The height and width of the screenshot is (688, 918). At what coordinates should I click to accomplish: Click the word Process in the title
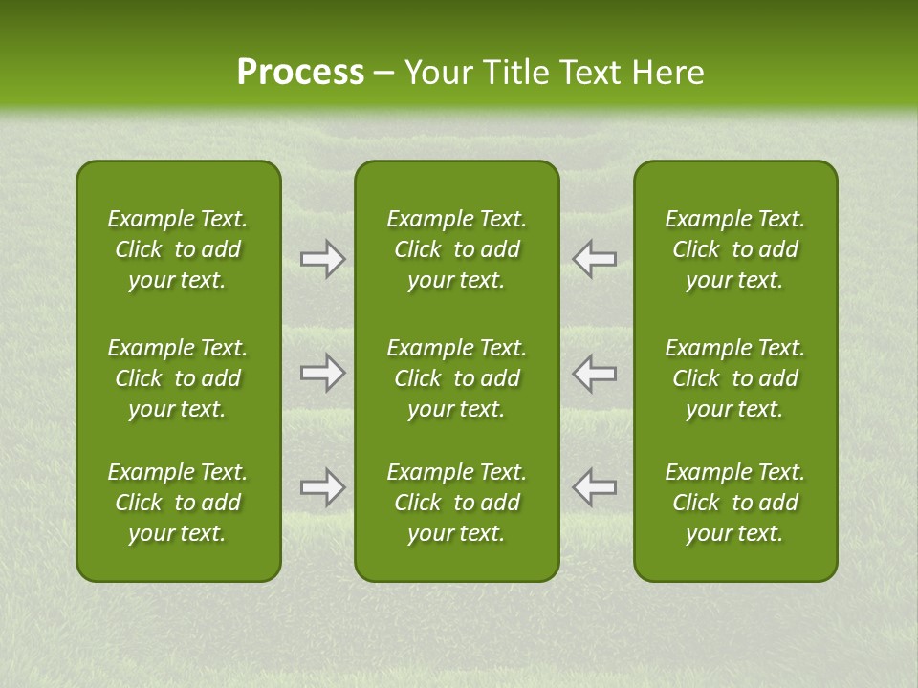[x=300, y=72]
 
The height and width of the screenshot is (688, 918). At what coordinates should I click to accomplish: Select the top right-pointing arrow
[x=323, y=259]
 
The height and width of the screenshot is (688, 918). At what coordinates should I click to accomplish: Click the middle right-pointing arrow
[x=323, y=373]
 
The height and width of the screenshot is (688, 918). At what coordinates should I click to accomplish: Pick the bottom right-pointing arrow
[x=323, y=487]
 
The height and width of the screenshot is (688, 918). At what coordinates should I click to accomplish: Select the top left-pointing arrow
[x=594, y=259]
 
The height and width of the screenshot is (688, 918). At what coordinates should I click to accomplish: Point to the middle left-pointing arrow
[x=594, y=373]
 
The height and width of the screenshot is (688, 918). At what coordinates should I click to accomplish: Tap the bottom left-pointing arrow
[x=594, y=487]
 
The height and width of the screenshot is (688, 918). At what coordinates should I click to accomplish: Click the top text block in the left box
[x=178, y=249]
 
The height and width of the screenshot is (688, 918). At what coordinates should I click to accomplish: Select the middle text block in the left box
[x=178, y=378]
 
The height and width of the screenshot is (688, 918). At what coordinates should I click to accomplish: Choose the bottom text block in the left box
[x=178, y=503]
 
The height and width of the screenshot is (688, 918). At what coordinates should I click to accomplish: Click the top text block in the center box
[x=456, y=249]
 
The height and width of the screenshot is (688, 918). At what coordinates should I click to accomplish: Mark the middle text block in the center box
[x=456, y=378]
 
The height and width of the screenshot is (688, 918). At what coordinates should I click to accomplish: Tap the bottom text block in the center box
[x=456, y=503]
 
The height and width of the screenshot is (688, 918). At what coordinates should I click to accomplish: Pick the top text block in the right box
[x=734, y=249]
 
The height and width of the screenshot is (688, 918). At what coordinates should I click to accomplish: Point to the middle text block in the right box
[x=734, y=378]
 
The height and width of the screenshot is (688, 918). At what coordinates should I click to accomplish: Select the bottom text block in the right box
[x=734, y=503]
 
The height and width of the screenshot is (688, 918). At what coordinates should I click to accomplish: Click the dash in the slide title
[x=383, y=74]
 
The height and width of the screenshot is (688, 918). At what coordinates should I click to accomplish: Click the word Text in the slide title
[x=586, y=72]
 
